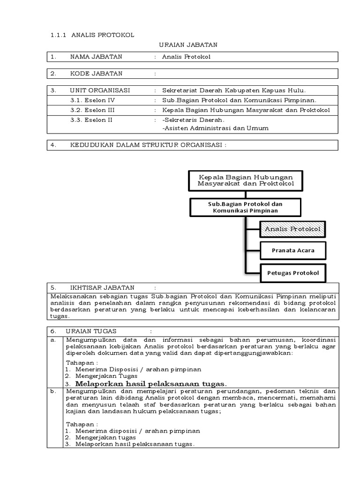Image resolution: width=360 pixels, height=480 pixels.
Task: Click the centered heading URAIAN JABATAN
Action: click(x=187, y=45)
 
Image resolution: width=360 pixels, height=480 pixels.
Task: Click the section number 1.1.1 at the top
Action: click(x=60, y=35)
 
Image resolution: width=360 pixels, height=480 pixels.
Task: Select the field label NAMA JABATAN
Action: click(x=96, y=57)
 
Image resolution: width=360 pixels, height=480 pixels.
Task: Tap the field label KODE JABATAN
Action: click(x=96, y=74)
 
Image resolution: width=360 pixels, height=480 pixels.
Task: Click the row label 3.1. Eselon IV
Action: click(x=92, y=100)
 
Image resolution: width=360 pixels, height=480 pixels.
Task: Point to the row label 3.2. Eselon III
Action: click(x=93, y=110)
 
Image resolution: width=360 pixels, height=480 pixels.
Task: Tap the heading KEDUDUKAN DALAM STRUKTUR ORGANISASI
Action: click(x=148, y=145)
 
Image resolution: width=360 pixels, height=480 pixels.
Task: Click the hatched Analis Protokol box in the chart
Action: click(x=292, y=229)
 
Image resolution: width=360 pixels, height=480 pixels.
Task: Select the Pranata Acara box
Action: click(x=293, y=250)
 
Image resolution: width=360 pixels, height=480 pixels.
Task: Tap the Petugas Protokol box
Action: click(x=293, y=272)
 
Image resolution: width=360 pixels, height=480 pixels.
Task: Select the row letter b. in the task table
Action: click(x=53, y=390)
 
